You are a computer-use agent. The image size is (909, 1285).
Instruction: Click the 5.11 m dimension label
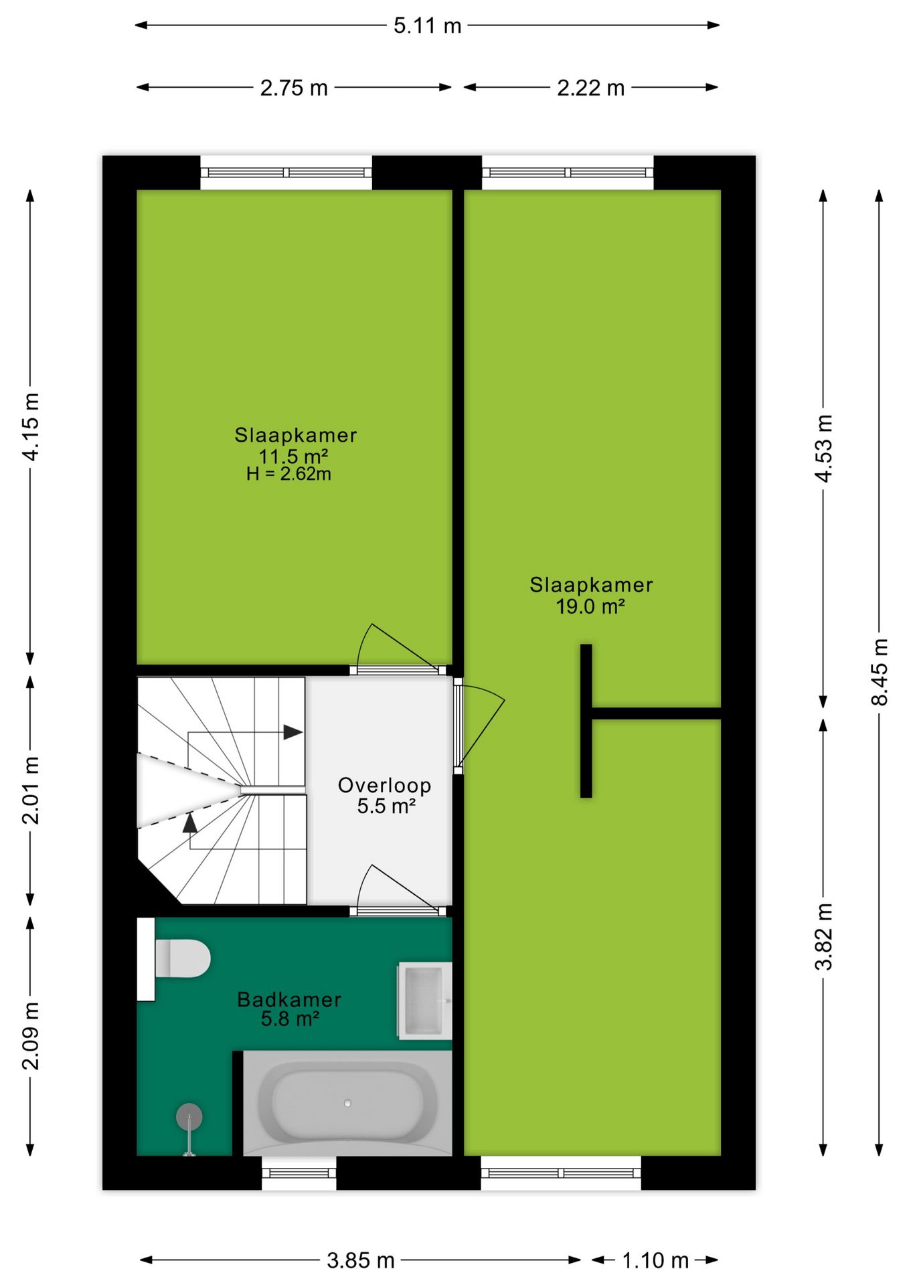427,25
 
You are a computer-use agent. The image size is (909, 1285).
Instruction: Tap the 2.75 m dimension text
294,88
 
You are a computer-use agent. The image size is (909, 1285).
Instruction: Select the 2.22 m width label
590,88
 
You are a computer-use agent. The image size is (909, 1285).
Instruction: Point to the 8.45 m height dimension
880,672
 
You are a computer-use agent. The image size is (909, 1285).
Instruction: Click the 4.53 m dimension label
824,448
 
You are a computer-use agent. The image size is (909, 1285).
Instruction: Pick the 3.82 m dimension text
824,936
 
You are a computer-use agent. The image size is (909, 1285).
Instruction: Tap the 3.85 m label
361,1260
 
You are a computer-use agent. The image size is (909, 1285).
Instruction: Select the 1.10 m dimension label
655,1260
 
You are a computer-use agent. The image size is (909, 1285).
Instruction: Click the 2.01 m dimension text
31,790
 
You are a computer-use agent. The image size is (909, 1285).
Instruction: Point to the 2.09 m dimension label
31,1036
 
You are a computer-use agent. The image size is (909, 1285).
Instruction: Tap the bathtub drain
347,1103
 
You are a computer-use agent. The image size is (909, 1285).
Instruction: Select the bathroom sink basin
424,1001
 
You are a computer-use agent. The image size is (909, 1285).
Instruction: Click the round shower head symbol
189,1116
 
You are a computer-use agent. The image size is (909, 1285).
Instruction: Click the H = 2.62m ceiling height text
288,474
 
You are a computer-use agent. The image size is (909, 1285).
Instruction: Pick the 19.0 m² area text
590,606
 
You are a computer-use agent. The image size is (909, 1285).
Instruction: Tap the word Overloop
384,785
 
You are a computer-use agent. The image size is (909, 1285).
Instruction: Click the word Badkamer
289,999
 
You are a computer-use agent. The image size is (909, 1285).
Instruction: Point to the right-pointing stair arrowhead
293,732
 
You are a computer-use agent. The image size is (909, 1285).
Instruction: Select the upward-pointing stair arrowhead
190,823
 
